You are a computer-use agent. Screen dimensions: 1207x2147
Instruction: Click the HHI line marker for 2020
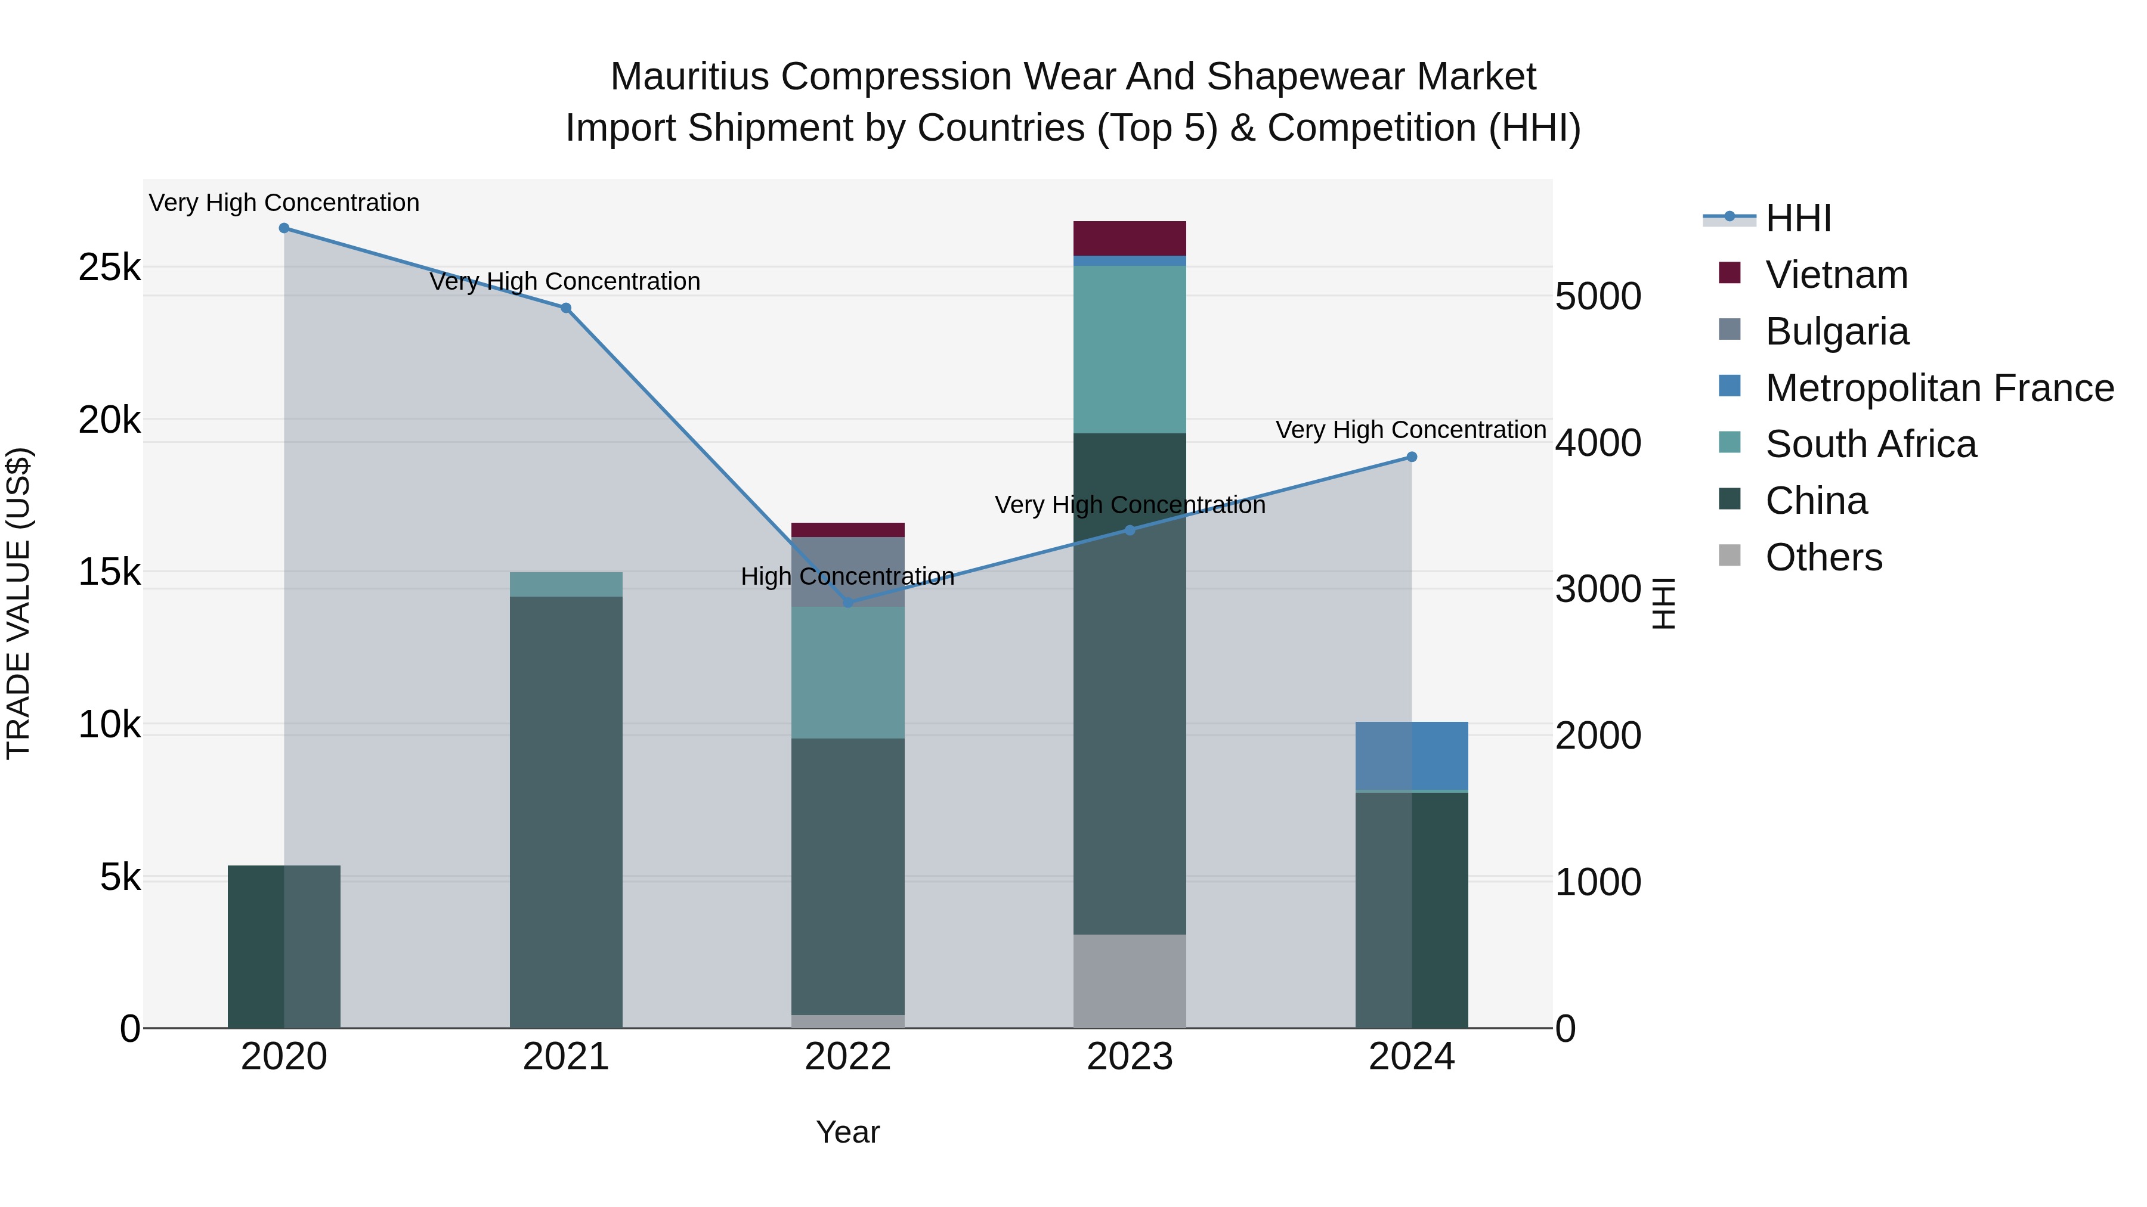click(x=284, y=228)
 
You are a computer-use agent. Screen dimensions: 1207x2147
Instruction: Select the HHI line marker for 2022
click(x=847, y=602)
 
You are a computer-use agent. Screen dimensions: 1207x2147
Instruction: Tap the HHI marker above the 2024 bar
click(x=1412, y=457)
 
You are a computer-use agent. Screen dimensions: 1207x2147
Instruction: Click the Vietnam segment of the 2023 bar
click(x=1130, y=238)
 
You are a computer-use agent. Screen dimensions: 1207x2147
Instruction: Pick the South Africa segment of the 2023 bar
click(x=1130, y=350)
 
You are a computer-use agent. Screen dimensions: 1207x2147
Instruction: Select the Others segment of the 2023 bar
click(x=1130, y=981)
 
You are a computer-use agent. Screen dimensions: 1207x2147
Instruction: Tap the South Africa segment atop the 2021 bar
click(x=566, y=585)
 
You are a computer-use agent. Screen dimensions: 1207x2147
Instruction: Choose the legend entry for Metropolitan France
click(x=1939, y=388)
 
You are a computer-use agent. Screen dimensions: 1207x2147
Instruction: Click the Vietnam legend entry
click(x=1836, y=275)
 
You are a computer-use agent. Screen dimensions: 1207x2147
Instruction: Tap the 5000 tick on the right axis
click(x=1598, y=297)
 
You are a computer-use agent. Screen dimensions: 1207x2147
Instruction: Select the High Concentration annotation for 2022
click(x=847, y=576)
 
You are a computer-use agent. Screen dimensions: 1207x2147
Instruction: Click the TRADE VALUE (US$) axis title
click(x=18, y=603)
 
